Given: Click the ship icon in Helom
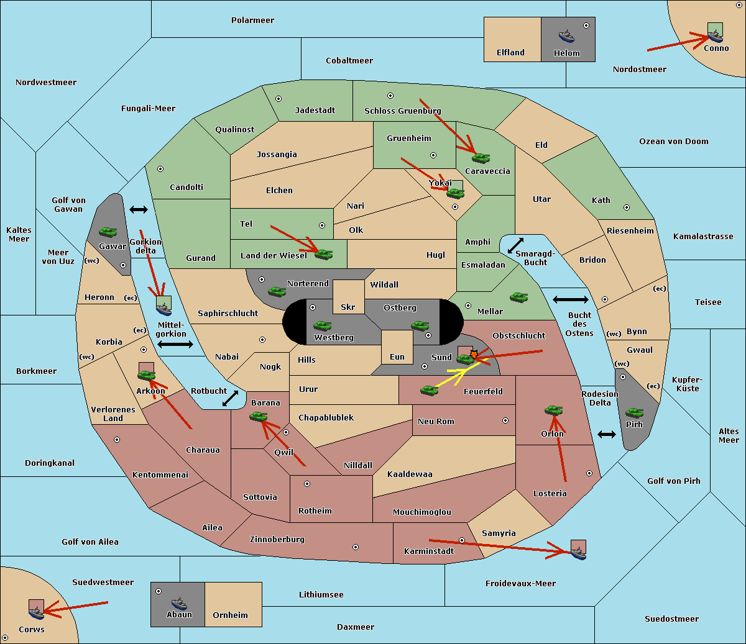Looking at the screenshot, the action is [566, 36].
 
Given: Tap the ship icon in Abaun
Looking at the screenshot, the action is [180, 603].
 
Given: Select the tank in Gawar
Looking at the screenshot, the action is [108, 232].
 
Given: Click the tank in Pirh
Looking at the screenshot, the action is [635, 412].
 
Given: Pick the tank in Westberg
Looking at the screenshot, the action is [322, 326].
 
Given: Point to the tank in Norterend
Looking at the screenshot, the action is [277, 291].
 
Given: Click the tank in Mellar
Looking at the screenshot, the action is [519, 297].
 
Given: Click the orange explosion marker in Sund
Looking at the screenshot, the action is [474, 354].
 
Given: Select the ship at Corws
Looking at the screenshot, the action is [36, 613].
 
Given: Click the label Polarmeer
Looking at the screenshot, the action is [252, 20].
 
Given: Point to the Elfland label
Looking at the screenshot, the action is [510, 53].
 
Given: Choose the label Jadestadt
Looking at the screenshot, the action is [315, 111].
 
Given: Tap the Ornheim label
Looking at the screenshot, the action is [230, 615].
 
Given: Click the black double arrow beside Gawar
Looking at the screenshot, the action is [139, 209].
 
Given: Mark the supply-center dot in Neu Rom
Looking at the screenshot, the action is [505, 420].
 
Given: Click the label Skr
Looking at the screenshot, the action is [348, 307].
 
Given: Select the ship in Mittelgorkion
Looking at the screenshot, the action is [163, 309].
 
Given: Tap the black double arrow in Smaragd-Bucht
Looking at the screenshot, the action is [515, 245].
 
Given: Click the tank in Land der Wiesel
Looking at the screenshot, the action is [324, 255].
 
